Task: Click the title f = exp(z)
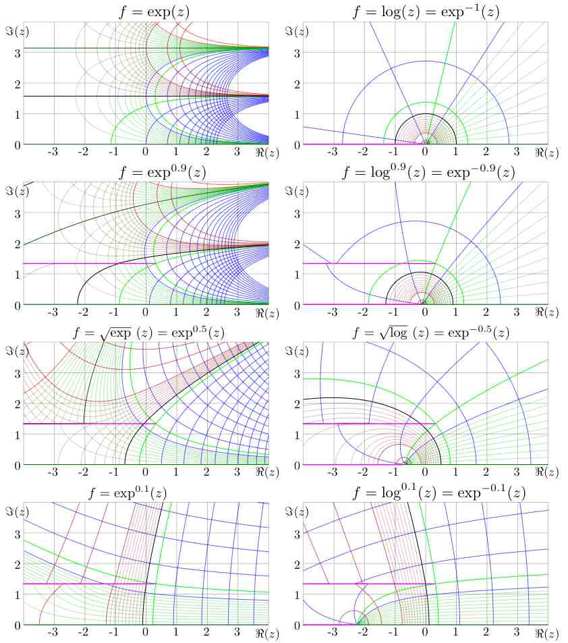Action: pos(145,10)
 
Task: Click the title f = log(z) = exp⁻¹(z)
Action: pos(425,10)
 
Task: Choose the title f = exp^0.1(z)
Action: pos(145,493)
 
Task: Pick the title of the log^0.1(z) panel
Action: pos(425,493)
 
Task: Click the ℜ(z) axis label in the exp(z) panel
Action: pos(267,154)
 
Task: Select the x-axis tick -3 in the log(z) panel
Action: pos(332,154)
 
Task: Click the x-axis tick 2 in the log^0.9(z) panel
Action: pos(486,314)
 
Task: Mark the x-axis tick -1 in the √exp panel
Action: pos(114,474)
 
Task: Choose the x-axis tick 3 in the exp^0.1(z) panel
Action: pos(237,634)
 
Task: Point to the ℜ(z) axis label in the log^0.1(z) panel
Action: pos(547,634)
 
